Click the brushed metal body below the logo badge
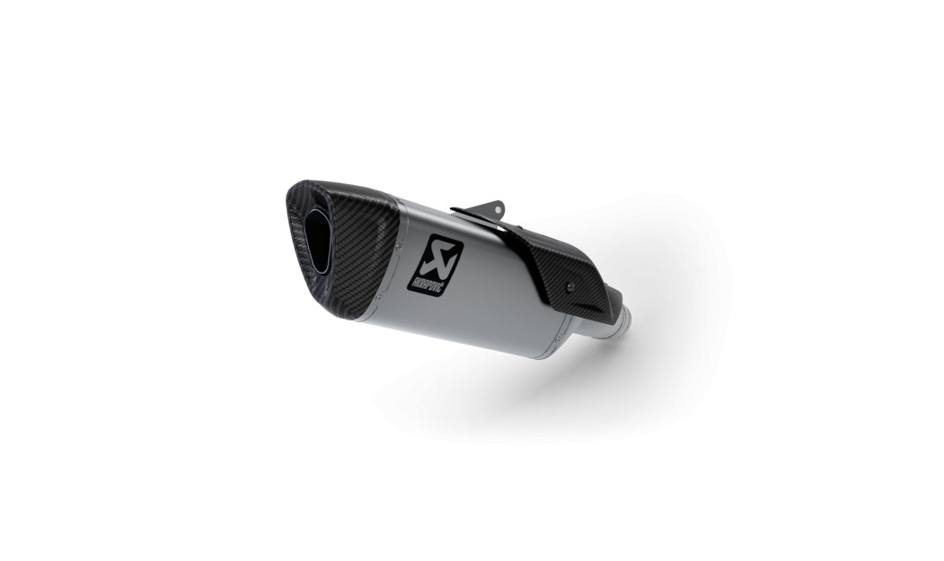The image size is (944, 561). (x=467, y=314)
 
